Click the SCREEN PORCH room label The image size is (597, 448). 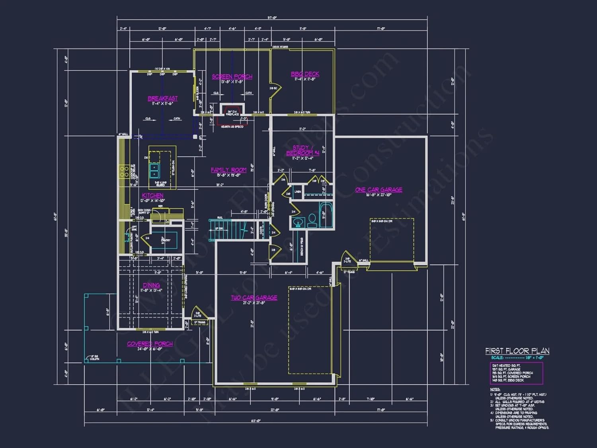pyautogui.click(x=232, y=76)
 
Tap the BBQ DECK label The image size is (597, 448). pyautogui.click(x=305, y=74)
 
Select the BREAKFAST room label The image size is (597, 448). pyautogui.click(x=163, y=98)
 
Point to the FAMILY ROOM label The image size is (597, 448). pyautogui.click(x=228, y=170)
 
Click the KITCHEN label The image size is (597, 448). pyautogui.click(x=153, y=196)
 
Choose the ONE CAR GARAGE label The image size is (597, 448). pyautogui.click(x=378, y=190)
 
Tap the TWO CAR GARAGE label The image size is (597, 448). pyautogui.click(x=254, y=298)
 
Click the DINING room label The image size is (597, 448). pyautogui.click(x=151, y=285)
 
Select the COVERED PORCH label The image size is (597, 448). pyautogui.click(x=150, y=344)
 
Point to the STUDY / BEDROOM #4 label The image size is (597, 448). pyautogui.click(x=302, y=150)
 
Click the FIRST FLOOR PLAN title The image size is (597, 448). pyautogui.click(x=517, y=351)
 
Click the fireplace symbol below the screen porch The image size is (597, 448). pyautogui.click(x=232, y=111)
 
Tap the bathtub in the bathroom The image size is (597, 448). pyautogui.click(x=326, y=215)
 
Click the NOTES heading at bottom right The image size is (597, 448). pyautogui.click(x=495, y=389)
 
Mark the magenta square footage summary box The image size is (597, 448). pyautogui.click(x=516, y=373)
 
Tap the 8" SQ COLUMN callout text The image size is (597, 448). pyautogui.click(x=94, y=358)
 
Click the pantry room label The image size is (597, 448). pyautogui.click(x=166, y=240)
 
